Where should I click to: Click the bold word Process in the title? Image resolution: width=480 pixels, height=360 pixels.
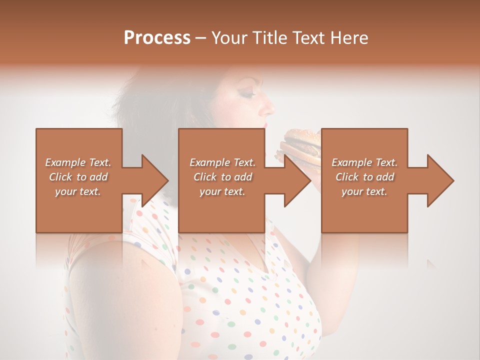[157, 38]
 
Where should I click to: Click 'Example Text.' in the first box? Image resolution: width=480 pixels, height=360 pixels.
[78, 162]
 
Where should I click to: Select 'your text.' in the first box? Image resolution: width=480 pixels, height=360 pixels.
[78, 191]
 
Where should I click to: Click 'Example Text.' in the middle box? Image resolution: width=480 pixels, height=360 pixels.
[222, 162]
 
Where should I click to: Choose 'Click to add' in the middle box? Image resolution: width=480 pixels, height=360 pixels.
[222, 177]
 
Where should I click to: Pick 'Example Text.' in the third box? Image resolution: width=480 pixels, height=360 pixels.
[364, 162]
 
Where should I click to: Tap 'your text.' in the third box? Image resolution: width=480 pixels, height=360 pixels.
[364, 191]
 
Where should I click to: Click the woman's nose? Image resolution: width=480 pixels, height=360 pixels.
[270, 107]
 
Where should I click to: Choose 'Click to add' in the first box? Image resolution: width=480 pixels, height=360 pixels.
[78, 177]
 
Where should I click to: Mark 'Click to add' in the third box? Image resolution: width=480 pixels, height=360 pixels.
[364, 177]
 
